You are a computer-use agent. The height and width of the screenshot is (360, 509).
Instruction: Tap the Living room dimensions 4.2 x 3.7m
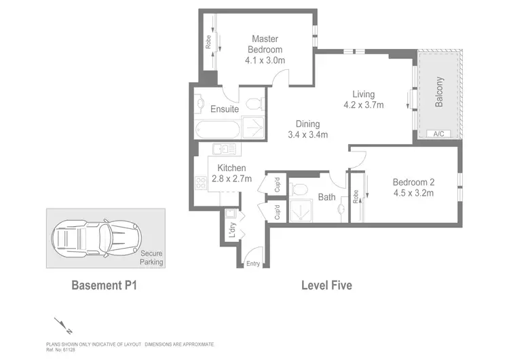click(x=363, y=105)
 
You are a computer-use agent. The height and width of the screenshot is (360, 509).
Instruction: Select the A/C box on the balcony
click(x=438, y=134)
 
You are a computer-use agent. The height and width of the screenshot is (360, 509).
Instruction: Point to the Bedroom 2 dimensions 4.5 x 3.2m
click(x=413, y=193)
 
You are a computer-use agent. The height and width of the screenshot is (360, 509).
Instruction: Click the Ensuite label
click(x=224, y=109)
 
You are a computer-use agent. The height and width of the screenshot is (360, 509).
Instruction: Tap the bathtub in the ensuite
click(x=216, y=129)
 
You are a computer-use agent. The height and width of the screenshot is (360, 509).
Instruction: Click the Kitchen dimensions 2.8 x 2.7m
click(x=231, y=179)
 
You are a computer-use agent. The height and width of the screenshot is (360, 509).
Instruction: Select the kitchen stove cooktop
click(x=201, y=182)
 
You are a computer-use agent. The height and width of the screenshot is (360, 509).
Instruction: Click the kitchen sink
click(x=223, y=149)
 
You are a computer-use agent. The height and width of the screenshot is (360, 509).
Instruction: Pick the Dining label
click(x=307, y=124)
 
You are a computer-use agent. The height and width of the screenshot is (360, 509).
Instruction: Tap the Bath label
click(x=326, y=198)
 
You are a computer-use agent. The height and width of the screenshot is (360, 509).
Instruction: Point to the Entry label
click(x=252, y=264)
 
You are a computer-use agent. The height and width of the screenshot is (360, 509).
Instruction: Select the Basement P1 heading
click(x=105, y=286)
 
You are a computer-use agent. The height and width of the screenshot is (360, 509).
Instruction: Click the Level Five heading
click(x=326, y=286)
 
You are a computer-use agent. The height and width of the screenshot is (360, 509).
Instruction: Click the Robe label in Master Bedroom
click(x=208, y=42)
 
